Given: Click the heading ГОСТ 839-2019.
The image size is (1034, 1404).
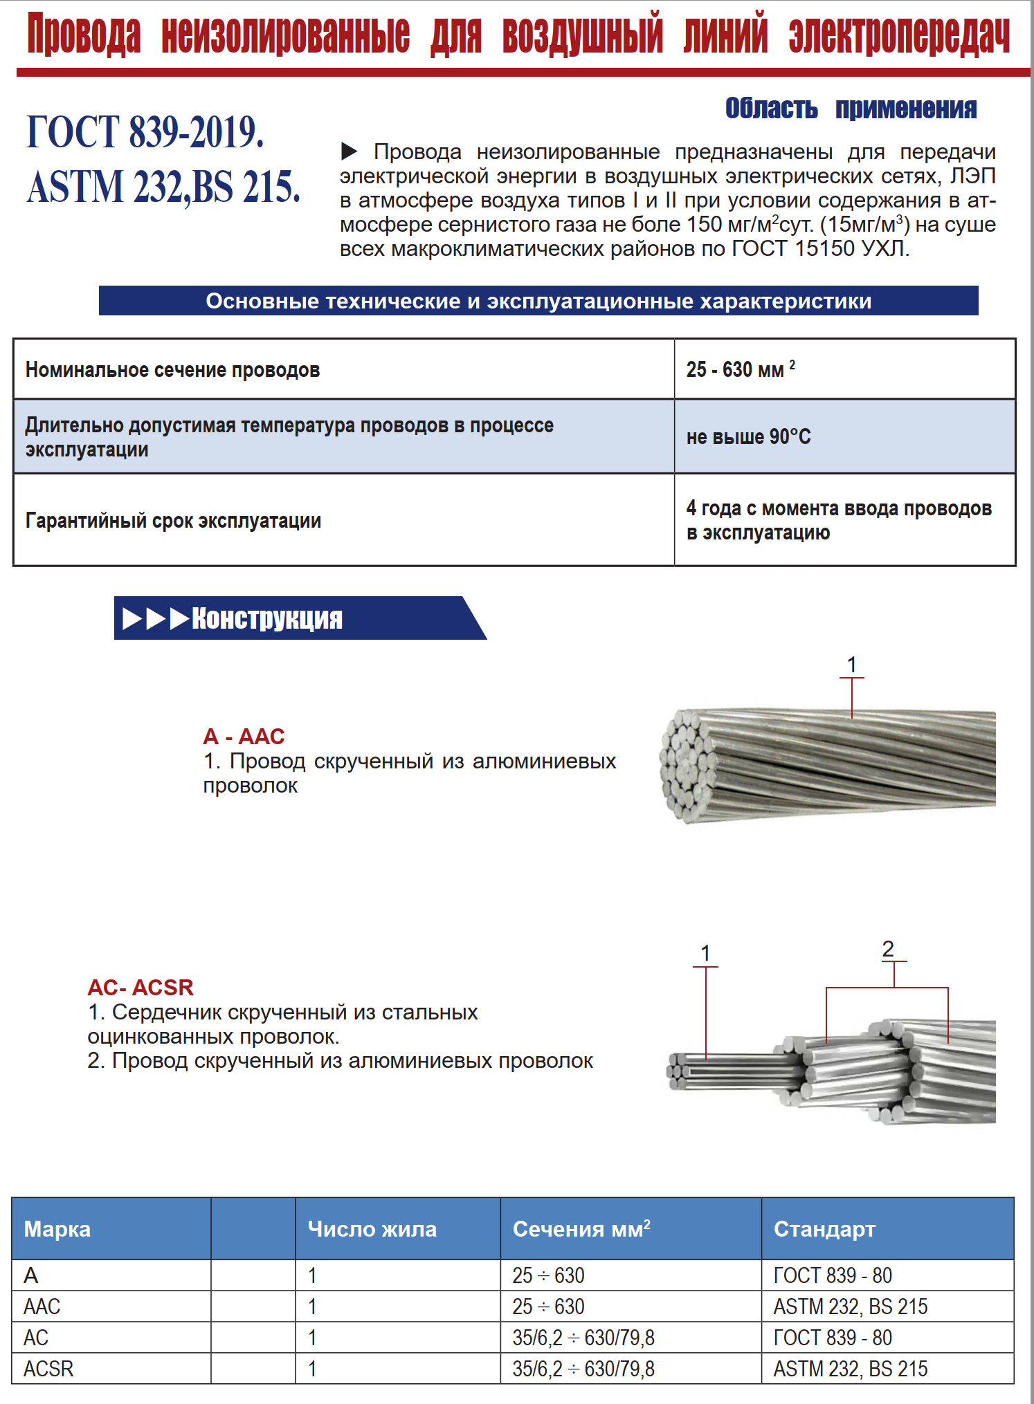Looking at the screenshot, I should point(145,131).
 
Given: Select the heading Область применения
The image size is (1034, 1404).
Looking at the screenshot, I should point(851,109).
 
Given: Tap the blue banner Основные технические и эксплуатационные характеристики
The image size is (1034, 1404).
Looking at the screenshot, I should point(538,301).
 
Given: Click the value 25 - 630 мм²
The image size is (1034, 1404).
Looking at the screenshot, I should point(741,369).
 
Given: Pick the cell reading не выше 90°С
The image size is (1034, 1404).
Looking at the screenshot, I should point(748,436).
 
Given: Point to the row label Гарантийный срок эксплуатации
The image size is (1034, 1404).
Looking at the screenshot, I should point(173,520).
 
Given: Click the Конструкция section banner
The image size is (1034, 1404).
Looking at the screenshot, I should point(267,618).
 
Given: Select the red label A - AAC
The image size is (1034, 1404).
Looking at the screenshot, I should point(244,737).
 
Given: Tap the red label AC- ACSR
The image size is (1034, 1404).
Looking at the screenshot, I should point(140,987).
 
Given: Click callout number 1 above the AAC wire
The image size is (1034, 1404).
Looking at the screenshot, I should point(852,665).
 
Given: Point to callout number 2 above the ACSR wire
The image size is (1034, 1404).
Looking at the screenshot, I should point(888,949).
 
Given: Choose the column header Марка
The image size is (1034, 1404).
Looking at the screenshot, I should point(57,1229).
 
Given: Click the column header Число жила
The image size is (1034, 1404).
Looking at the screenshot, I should point(372,1229).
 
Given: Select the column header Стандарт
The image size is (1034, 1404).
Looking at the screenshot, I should point(824,1229).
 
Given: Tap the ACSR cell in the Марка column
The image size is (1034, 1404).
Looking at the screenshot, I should point(48,1369).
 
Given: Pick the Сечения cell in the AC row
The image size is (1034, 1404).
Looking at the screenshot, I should point(583,1338).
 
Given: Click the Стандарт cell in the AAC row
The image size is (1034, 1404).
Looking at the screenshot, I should point(851,1306).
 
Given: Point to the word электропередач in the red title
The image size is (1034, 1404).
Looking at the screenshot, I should point(899,35).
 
